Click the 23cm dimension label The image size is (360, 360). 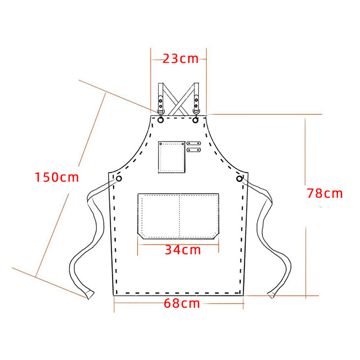[x=180, y=59]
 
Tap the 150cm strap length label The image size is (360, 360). [x=57, y=177]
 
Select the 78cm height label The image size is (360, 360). [x=324, y=193]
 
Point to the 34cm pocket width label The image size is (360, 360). [x=183, y=250]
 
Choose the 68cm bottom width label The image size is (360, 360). [x=182, y=303]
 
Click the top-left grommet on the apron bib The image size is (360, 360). [x=161, y=120]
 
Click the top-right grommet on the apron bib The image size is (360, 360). [x=195, y=120]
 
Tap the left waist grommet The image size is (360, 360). [x=119, y=178]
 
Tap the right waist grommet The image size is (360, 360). [x=239, y=178]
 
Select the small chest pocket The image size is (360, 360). [x=171, y=157]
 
